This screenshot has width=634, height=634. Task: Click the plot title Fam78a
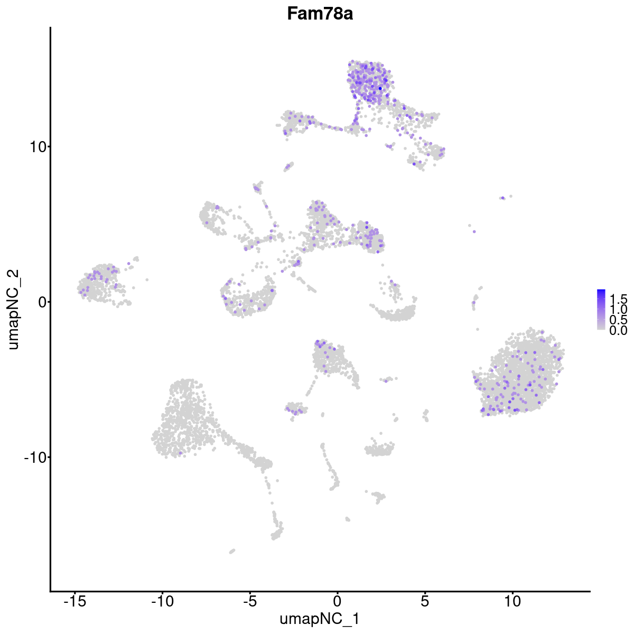[x=320, y=14]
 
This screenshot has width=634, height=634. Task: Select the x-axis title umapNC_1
[x=320, y=619]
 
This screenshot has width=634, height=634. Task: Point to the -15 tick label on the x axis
[x=74, y=601]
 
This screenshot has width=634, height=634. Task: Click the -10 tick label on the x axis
[x=162, y=601]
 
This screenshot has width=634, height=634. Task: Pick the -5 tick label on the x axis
[x=249, y=601]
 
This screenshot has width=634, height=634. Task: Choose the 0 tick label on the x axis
[x=337, y=601]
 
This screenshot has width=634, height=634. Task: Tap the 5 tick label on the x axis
[x=425, y=601]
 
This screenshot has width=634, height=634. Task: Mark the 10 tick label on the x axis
[x=512, y=601]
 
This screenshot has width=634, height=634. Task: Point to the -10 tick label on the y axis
[x=34, y=457]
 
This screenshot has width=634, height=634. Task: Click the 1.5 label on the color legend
[x=618, y=297]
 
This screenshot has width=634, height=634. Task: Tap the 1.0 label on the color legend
[x=618, y=309]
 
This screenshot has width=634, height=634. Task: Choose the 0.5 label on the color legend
[x=618, y=320]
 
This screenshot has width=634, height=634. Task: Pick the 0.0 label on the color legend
[x=618, y=331]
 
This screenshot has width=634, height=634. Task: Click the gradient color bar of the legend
[x=601, y=310]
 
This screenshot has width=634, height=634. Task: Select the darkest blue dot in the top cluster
[x=380, y=88]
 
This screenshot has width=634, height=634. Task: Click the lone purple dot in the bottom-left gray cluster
[x=181, y=453]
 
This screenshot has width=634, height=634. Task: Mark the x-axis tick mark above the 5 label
[x=425, y=593]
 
